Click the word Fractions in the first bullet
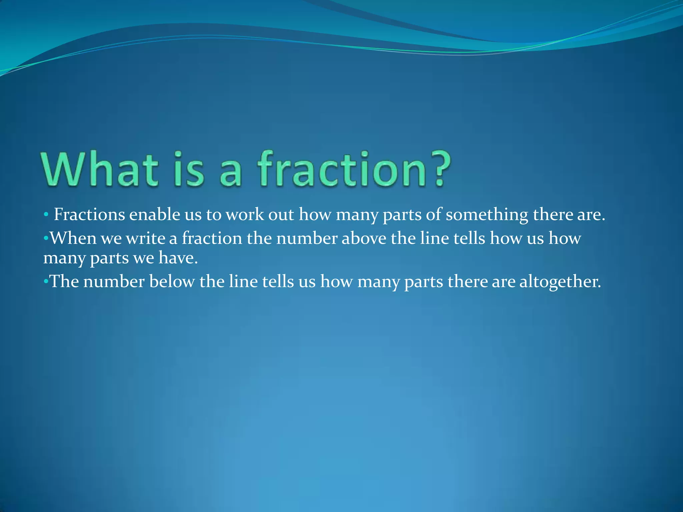click(x=89, y=214)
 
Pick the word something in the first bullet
click(x=487, y=214)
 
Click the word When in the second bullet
click(x=73, y=238)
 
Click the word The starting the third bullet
click(x=64, y=282)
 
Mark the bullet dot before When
click(x=46, y=238)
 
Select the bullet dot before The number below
click(x=46, y=282)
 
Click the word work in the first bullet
click(x=245, y=214)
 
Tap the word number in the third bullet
click(x=114, y=282)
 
